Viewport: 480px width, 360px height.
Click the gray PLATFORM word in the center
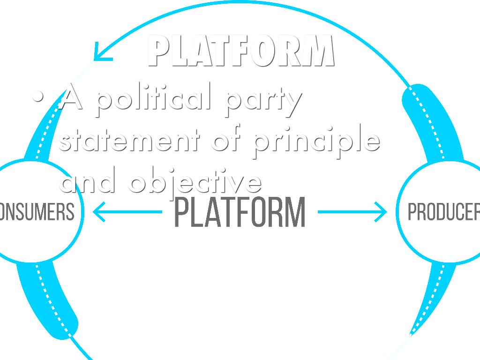[240, 212]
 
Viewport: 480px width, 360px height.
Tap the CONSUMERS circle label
[37, 211]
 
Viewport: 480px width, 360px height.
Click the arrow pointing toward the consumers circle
[127, 212]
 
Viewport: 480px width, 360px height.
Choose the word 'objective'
[195, 182]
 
